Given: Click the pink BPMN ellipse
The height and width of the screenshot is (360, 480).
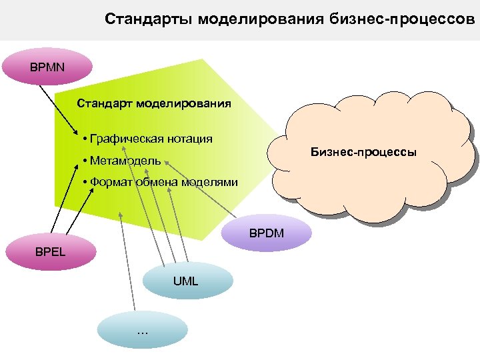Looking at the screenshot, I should [x=47, y=67].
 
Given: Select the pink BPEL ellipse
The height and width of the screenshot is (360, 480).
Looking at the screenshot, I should [x=51, y=252].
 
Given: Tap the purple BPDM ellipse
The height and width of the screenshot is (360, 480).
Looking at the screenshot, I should [x=267, y=234].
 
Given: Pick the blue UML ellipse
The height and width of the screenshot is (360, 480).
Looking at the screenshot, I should [x=185, y=281].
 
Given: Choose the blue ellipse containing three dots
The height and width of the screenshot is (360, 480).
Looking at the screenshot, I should [x=142, y=331].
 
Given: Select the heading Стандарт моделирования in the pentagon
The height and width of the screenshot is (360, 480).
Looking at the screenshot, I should [x=154, y=103].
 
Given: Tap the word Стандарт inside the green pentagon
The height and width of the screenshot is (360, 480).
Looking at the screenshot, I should [x=105, y=103].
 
